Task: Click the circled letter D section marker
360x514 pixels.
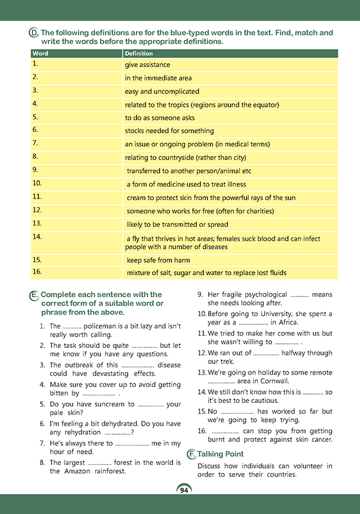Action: [x=34, y=34]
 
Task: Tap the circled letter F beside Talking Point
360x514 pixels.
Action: [x=191, y=454]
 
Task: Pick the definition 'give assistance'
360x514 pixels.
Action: [x=147, y=65]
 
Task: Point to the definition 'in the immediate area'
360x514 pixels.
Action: [x=158, y=78]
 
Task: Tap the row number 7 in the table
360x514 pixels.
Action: [x=35, y=144]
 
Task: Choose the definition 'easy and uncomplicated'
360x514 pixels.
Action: [x=161, y=92]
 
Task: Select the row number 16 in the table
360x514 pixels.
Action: [x=37, y=272]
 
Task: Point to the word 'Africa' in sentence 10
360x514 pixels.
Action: [x=299, y=323]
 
